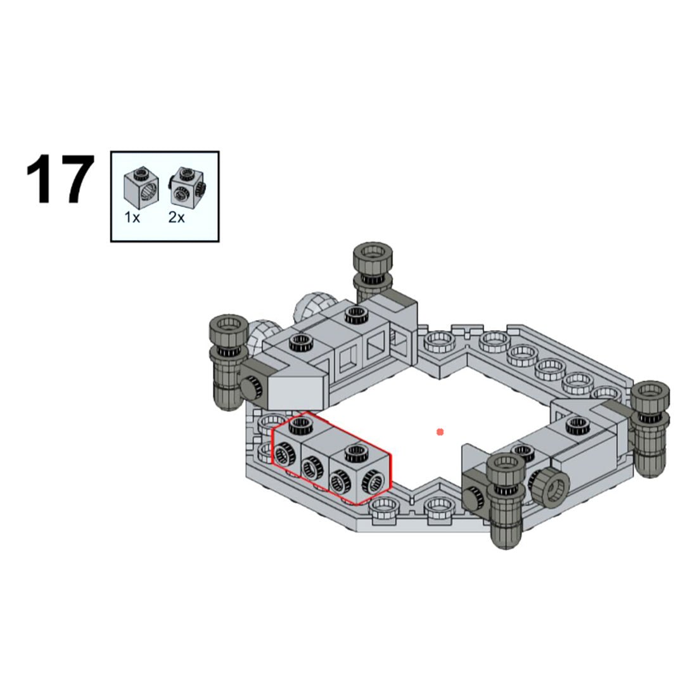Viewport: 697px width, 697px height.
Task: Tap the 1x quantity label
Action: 132,217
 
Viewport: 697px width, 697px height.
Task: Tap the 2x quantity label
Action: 176,217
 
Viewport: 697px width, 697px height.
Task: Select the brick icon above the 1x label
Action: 140,186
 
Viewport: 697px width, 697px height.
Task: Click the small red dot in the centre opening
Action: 440,432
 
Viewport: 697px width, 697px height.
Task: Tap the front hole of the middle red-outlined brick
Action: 310,470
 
